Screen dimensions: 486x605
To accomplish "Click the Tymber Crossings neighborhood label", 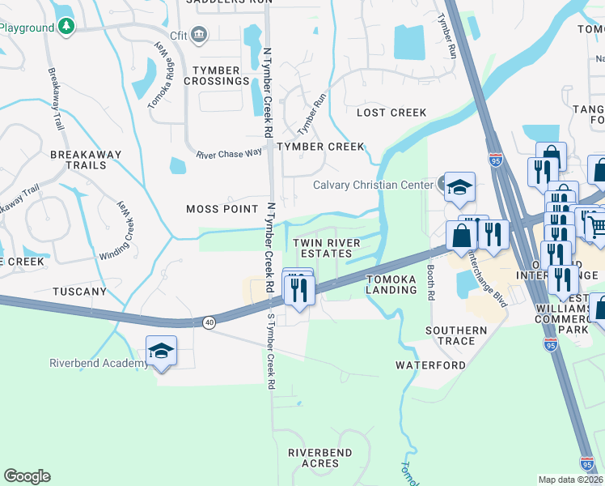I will (216, 75).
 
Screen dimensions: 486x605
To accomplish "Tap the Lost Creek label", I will (391, 113).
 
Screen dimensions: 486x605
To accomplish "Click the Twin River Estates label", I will (323, 248).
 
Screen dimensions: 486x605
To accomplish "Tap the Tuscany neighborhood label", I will (79, 291).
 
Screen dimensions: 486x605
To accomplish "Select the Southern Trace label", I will (456, 335).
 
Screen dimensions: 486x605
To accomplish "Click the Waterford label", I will (430, 365).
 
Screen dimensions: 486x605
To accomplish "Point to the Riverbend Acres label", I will (320, 457).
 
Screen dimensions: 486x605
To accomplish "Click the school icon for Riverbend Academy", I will (161, 352).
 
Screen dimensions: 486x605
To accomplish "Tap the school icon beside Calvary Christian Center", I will (459, 186).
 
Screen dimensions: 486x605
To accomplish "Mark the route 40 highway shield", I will (209, 322).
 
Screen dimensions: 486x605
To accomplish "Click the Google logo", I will (27, 476).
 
